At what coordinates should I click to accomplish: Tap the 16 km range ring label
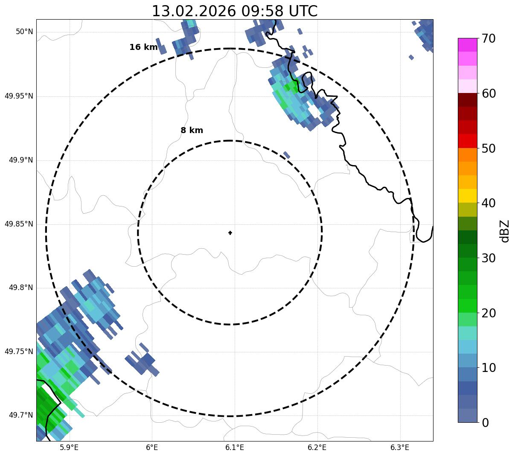(x=143, y=47)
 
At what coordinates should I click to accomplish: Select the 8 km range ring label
(x=192, y=131)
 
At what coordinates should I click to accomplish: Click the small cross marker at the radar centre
(x=230, y=232)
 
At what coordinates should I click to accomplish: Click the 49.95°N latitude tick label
(x=19, y=96)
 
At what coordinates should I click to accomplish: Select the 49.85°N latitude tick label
(x=19, y=224)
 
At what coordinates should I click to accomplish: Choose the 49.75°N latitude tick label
(x=19, y=351)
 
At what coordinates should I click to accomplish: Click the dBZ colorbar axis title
(x=505, y=231)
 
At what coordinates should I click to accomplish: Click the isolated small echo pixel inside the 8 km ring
(x=287, y=155)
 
